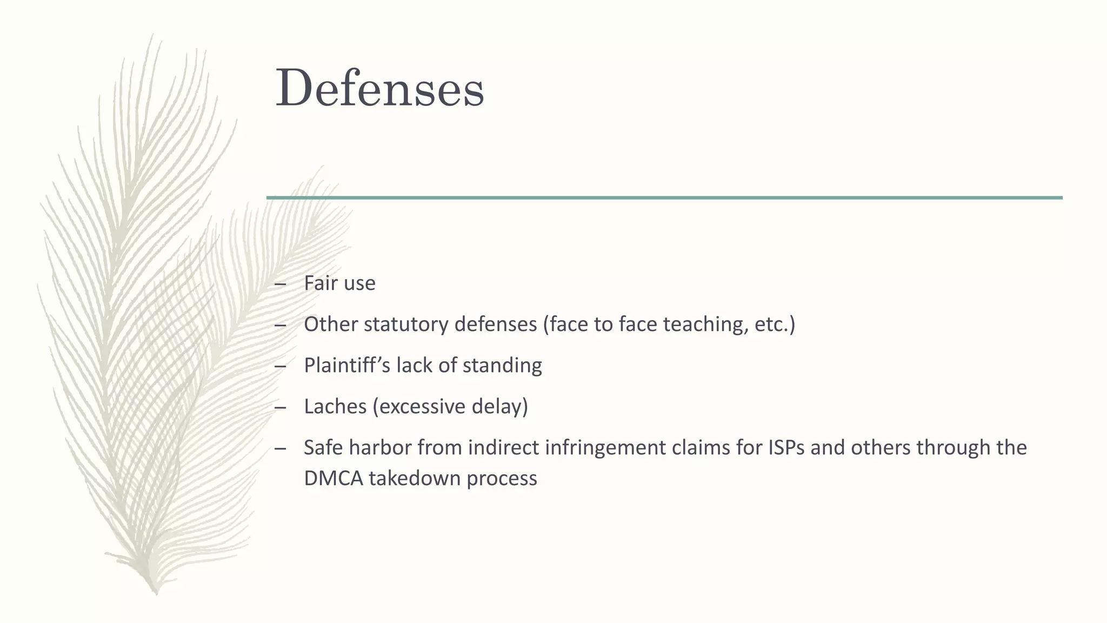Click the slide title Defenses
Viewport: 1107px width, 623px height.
[379, 89]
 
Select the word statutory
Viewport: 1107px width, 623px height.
[406, 324]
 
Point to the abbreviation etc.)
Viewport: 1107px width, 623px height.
[775, 324]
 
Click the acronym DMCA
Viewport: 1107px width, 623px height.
[333, 478]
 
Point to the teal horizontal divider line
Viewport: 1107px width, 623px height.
[664, 198]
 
